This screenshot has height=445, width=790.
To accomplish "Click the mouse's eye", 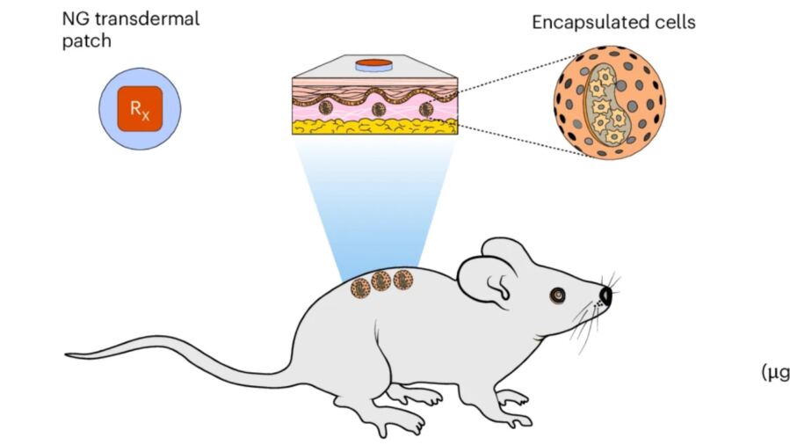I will [x=555, y=295].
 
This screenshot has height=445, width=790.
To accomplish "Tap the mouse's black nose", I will [x=606, y=295].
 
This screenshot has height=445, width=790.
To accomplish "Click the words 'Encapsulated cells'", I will [x=613, y=22].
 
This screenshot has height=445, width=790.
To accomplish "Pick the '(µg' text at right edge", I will [x=774, y=373].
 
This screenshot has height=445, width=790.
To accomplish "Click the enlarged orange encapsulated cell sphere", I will [x=609, y=103].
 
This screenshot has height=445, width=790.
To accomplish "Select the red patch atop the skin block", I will [x=373, y=64].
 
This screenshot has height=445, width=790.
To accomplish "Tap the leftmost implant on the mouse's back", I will [x=360, y=288].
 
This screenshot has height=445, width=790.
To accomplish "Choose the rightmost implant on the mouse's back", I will [x=403, y=280].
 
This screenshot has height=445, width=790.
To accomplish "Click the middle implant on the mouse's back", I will [x=381, y=281].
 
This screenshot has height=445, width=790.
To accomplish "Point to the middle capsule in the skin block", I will [x=378, y=110].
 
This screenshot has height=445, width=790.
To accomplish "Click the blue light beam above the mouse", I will [x=373, y=202].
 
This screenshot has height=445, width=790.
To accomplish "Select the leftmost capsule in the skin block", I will [x=326, y=108].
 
